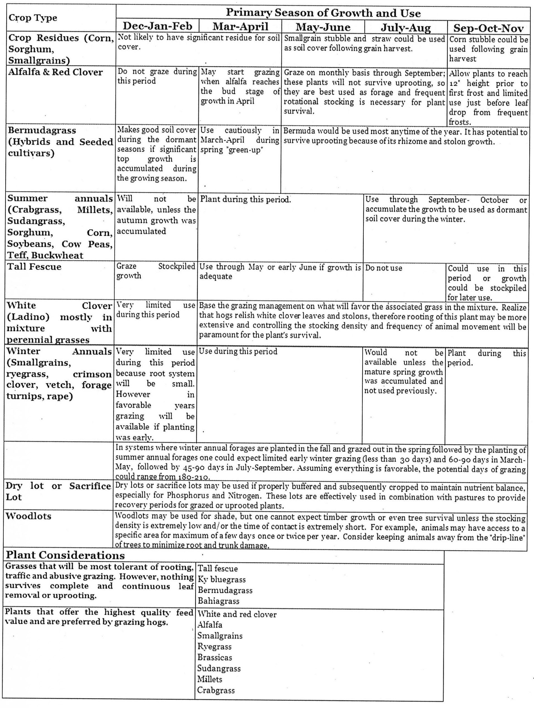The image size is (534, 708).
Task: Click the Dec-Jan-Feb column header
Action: point(157,26)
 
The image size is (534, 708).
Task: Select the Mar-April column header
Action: point(240,26)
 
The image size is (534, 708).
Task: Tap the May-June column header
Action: point(323,26)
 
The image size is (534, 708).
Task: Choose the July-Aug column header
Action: point(406,27)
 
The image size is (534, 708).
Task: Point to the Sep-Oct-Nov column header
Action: point(488,28)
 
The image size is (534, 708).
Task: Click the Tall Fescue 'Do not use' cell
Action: point(384,268)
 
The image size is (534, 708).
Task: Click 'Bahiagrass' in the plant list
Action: point(219,601)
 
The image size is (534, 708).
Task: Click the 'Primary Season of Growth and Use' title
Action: point(323,13)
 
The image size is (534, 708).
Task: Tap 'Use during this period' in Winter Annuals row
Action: point(238,351)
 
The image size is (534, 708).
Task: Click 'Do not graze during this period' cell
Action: point(157,76)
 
